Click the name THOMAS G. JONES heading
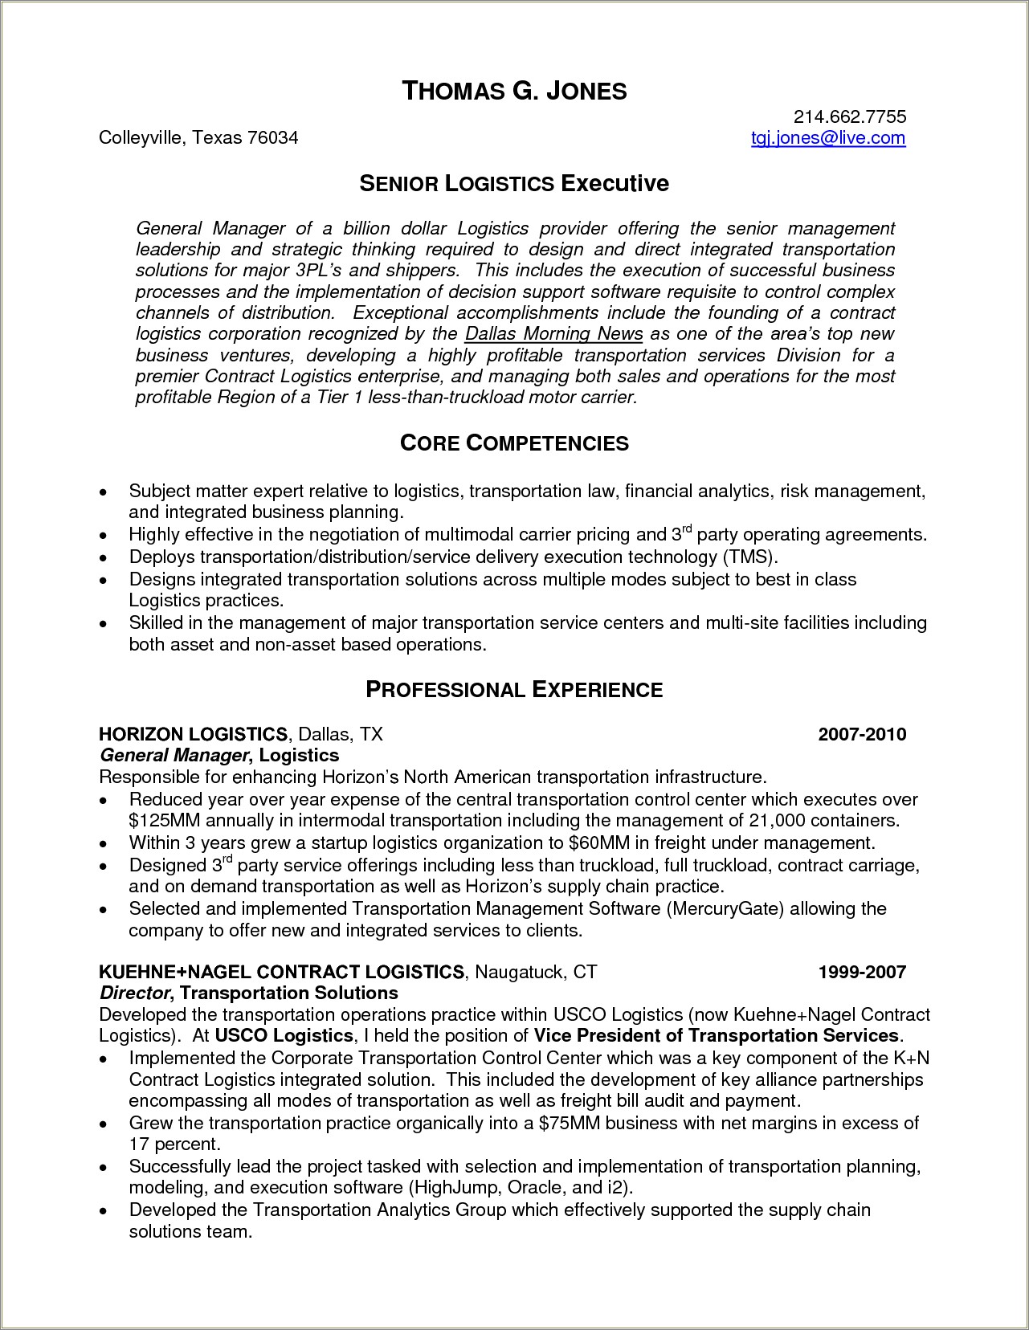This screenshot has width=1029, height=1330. [514, 92]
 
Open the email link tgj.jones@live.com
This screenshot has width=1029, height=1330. [828, 138]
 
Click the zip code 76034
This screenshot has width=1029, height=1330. [273, 138]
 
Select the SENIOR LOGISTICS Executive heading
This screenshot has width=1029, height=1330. [514, 184]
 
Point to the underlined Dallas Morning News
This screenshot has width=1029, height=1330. [554, 334]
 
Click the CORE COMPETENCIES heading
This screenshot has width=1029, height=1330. [514, 443]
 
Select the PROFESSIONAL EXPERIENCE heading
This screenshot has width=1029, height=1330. [514, 690]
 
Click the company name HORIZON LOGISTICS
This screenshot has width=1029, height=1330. [193, 734]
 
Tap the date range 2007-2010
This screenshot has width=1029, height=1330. [862, 734]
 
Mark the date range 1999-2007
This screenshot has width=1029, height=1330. [862, 973]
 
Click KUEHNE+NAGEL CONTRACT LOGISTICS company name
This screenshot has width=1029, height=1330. [281, 973]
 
